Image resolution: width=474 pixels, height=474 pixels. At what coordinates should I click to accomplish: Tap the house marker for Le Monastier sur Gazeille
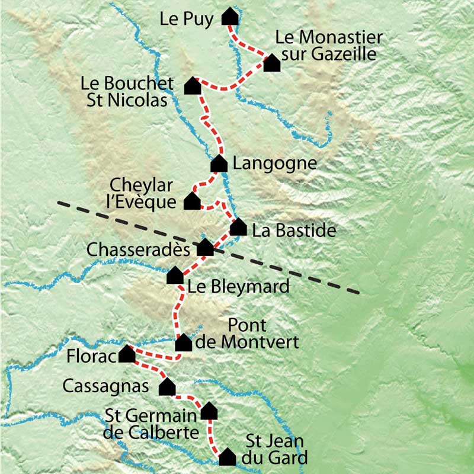pos(271,63)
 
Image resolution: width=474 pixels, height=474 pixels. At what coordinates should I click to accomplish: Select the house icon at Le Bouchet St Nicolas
pos(192,86)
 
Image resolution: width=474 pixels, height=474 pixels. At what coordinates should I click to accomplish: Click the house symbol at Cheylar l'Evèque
pos(192,201)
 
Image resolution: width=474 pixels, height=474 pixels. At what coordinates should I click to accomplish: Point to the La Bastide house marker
pos(238,228)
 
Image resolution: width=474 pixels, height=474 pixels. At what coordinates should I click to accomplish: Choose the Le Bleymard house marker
pos(175,276)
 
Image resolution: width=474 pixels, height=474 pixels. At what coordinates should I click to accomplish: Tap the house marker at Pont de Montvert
pos(184,342)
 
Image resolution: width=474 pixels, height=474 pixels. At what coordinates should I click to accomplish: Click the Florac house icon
pos(127,354)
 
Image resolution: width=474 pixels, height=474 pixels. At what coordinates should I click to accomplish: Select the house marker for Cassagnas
pos(168,387)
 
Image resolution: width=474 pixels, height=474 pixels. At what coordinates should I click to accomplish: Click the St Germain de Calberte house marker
pos(209,411)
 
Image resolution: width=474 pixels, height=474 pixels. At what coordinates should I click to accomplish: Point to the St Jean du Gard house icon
pos(228,457)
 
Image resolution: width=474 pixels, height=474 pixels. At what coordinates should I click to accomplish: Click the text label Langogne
pos(275,164)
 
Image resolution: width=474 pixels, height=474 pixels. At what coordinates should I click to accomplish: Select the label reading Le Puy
pos(186,19)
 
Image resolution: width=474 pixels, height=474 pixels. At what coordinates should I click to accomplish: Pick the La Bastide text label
pos(294,230)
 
